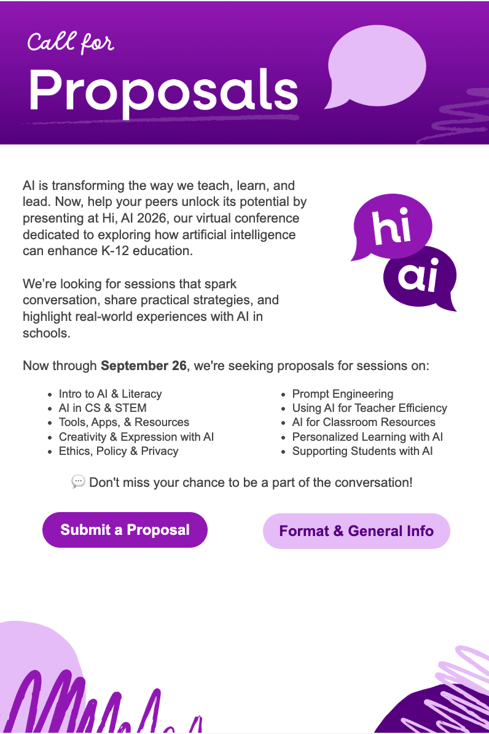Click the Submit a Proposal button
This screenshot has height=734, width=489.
coord(125,530)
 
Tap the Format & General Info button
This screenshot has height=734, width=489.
coord(356,531)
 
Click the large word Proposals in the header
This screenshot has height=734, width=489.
coord(163,91)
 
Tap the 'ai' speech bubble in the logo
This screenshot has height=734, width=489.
coord(420,278)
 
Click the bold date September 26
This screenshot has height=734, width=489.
coord(143,366)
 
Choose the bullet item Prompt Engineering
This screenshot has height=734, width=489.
coord(342,394)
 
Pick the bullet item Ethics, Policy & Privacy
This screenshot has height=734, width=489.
coord(119,451)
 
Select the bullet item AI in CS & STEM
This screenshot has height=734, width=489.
coord(103,408)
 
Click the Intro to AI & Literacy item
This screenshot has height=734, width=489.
coord(110,394)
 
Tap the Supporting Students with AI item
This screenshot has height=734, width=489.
coord(362,451)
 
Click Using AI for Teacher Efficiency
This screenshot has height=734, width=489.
coord(369,408)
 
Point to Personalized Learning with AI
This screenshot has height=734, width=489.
coord(367,437)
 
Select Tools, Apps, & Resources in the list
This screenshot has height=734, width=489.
coord(123,422)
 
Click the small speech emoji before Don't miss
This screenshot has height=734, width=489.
coord(78,482)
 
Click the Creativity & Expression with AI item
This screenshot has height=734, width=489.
coord(136,437)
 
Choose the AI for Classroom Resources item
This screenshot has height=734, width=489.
coord(364,422)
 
